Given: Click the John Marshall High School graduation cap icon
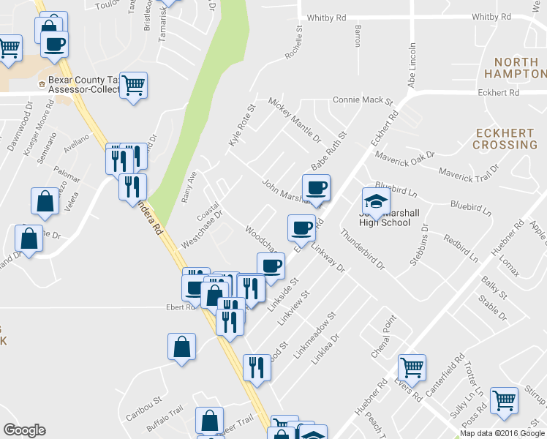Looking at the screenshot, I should (x=376, y=201).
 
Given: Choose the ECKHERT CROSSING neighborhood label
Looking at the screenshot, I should (x=505, y=138).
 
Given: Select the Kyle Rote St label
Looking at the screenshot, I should (x=241, y=125).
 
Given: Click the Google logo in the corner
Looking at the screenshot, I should (x=24, y=430).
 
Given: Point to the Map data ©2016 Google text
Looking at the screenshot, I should (x=503, y=433).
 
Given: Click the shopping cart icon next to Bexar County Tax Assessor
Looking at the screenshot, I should (x=134, y=87).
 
